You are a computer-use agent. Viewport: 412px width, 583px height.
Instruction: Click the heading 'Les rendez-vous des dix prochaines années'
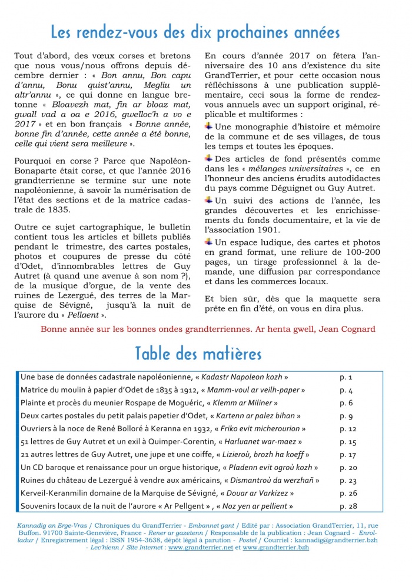(x=195, y=31)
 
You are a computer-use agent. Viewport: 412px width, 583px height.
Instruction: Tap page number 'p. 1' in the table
(x=346, y=377)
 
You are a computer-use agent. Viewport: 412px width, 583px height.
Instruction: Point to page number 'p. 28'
(x=348, y=506)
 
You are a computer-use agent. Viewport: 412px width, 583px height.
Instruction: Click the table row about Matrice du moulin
(x=163, y=389)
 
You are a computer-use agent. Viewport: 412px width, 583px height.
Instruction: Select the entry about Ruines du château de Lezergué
(x=170, y=480)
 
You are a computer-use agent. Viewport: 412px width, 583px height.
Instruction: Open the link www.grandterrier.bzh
(x=275, y=547)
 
